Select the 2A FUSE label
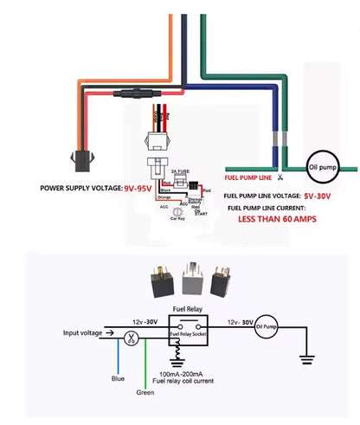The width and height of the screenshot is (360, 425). point(181,173)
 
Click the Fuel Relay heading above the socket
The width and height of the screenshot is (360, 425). point(188,309)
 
